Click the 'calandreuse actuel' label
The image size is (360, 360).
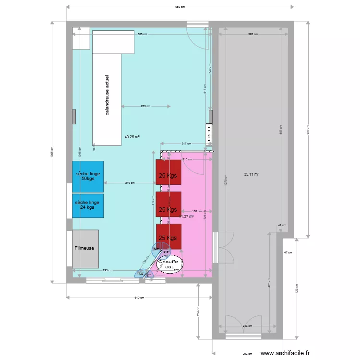tap(107, 95)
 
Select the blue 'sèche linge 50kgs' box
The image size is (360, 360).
tap(87, 176)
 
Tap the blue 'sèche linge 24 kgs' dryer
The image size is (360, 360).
tap(87, 205)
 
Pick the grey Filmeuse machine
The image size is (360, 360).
tap(85, 249)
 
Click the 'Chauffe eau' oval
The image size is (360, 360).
tap(171, 264)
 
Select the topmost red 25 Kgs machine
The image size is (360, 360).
tap(168, 176)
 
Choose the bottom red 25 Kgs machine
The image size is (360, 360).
tap(168, 238)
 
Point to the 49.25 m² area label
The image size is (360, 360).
tap(132, 137)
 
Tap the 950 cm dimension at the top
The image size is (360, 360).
tap(180, 7)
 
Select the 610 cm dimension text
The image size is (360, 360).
tap(138, 298)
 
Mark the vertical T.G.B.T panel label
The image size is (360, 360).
tap(209, 134)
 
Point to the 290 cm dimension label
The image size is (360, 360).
tap(253, 34)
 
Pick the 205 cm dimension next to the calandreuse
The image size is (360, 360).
tap(145, 106)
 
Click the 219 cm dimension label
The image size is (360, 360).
tap(129, 183)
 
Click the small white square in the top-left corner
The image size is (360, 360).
tap(81, 38)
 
